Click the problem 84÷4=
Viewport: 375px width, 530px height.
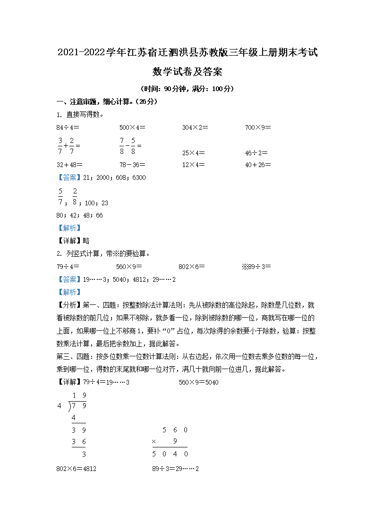(x=68, y=127)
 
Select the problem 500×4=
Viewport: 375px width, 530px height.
(x=132, y=127)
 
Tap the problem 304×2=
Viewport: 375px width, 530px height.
(x=195, y=127)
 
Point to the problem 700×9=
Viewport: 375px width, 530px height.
(x=258, y=127)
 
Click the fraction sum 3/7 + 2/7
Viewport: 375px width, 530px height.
(x=69, y=146)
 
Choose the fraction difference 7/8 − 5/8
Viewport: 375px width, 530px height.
(x=130, y=146)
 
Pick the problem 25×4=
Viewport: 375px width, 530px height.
(x=194, y=152)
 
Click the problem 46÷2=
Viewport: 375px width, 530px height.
(x=256, y=152)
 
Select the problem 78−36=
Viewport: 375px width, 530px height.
(x=132, y=165)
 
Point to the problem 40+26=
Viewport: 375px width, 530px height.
(x=258, y=165)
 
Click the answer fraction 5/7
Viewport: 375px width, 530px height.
(x=60, y=197)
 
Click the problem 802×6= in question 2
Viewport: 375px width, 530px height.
(x=193, y=266)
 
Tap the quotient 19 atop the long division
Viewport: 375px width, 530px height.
(x=79, y=395)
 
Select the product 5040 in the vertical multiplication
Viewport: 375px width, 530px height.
(x=170, y=454)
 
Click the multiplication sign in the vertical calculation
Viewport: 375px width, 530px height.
(x=154, y=442)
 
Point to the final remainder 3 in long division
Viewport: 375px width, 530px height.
(x=84, y=454)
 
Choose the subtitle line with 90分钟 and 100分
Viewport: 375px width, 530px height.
(x=187, y=88)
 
